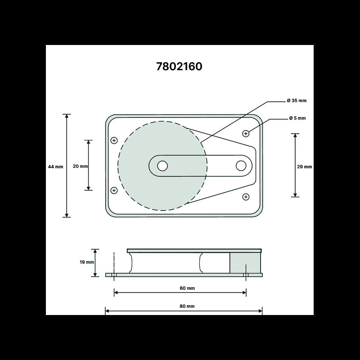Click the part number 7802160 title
point(179,66)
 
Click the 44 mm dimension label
point(56,166)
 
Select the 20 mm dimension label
point(80,166)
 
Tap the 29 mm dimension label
point(305,166)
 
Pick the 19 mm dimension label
point(86,262)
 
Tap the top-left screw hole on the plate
point(114,140)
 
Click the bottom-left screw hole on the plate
point(114,190)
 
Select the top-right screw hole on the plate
point(246,133)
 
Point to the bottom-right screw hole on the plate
point(246,197)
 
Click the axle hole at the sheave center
point(162,166)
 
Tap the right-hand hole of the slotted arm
point(241,166)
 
